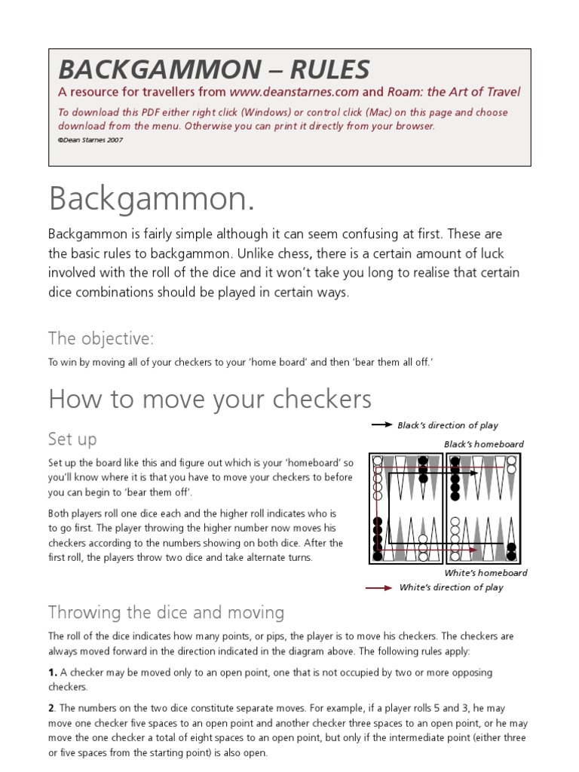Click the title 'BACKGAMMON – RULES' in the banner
coord(214,69)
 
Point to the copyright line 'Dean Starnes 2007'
coord(92,139)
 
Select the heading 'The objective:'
coord(101,338)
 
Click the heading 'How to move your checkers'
coord(210,399)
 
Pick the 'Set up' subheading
coord(72,439)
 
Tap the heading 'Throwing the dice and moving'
coord(166,611)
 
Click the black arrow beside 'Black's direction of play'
coord(381,425)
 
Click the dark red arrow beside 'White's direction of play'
coord(378,587)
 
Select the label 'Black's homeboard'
coord(483,444)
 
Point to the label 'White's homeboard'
coord(486,572)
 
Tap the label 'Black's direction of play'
coord(448,425)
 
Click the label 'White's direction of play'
coord(451,587)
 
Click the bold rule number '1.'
coord(53,672)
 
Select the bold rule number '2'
coord(52,707)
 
